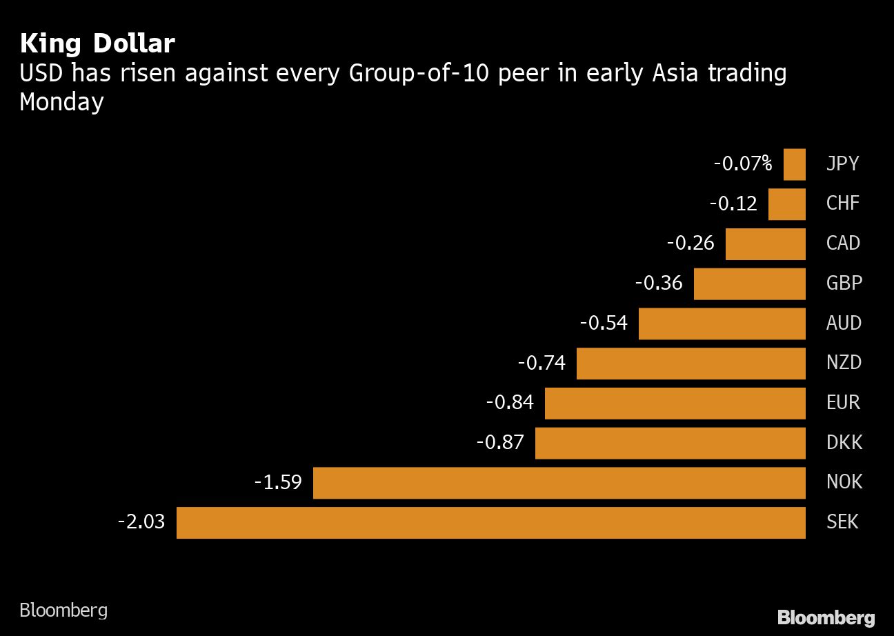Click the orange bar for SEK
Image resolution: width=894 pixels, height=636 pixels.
490,522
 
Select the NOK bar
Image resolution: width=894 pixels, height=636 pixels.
559,482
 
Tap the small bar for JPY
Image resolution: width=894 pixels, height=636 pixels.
794,164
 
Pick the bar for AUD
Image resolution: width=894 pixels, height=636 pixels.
722,324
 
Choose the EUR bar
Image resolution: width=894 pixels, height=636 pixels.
675,403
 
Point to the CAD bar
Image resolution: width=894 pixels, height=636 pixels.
765,244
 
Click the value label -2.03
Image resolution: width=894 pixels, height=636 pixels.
141,521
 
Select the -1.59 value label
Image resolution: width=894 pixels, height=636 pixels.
278,481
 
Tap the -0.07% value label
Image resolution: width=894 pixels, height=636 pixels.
742,164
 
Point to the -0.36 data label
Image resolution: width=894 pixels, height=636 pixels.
659,283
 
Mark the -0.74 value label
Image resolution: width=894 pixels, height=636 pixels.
542,363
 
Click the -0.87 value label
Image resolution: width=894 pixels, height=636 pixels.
500,442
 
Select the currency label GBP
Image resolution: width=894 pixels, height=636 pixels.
844,283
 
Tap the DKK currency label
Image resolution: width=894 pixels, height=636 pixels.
844,442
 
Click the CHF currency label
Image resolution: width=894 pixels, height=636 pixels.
843,203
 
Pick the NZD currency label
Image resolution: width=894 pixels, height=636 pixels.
844,363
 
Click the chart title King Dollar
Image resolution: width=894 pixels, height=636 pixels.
97,44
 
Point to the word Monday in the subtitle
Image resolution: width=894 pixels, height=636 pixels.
61,102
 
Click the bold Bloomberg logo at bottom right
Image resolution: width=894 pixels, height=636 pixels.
826,617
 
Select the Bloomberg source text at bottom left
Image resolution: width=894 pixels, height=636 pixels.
63,610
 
